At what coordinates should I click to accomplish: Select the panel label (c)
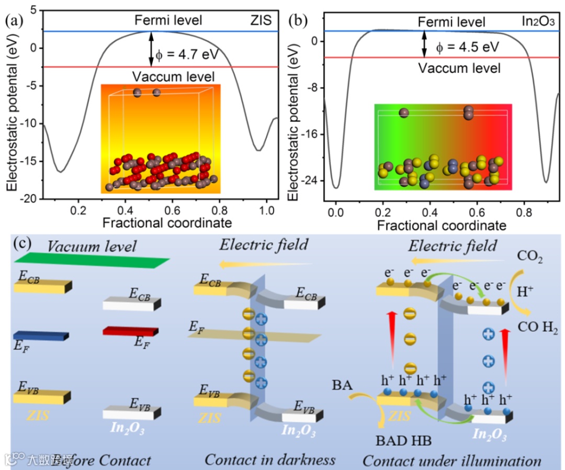26,244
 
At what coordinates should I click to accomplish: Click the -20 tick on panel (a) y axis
30,199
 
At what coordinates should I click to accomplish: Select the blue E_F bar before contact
40,335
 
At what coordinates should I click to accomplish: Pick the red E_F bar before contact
130,331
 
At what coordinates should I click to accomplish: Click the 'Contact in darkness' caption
269,460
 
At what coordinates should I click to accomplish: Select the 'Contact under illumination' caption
451,461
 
